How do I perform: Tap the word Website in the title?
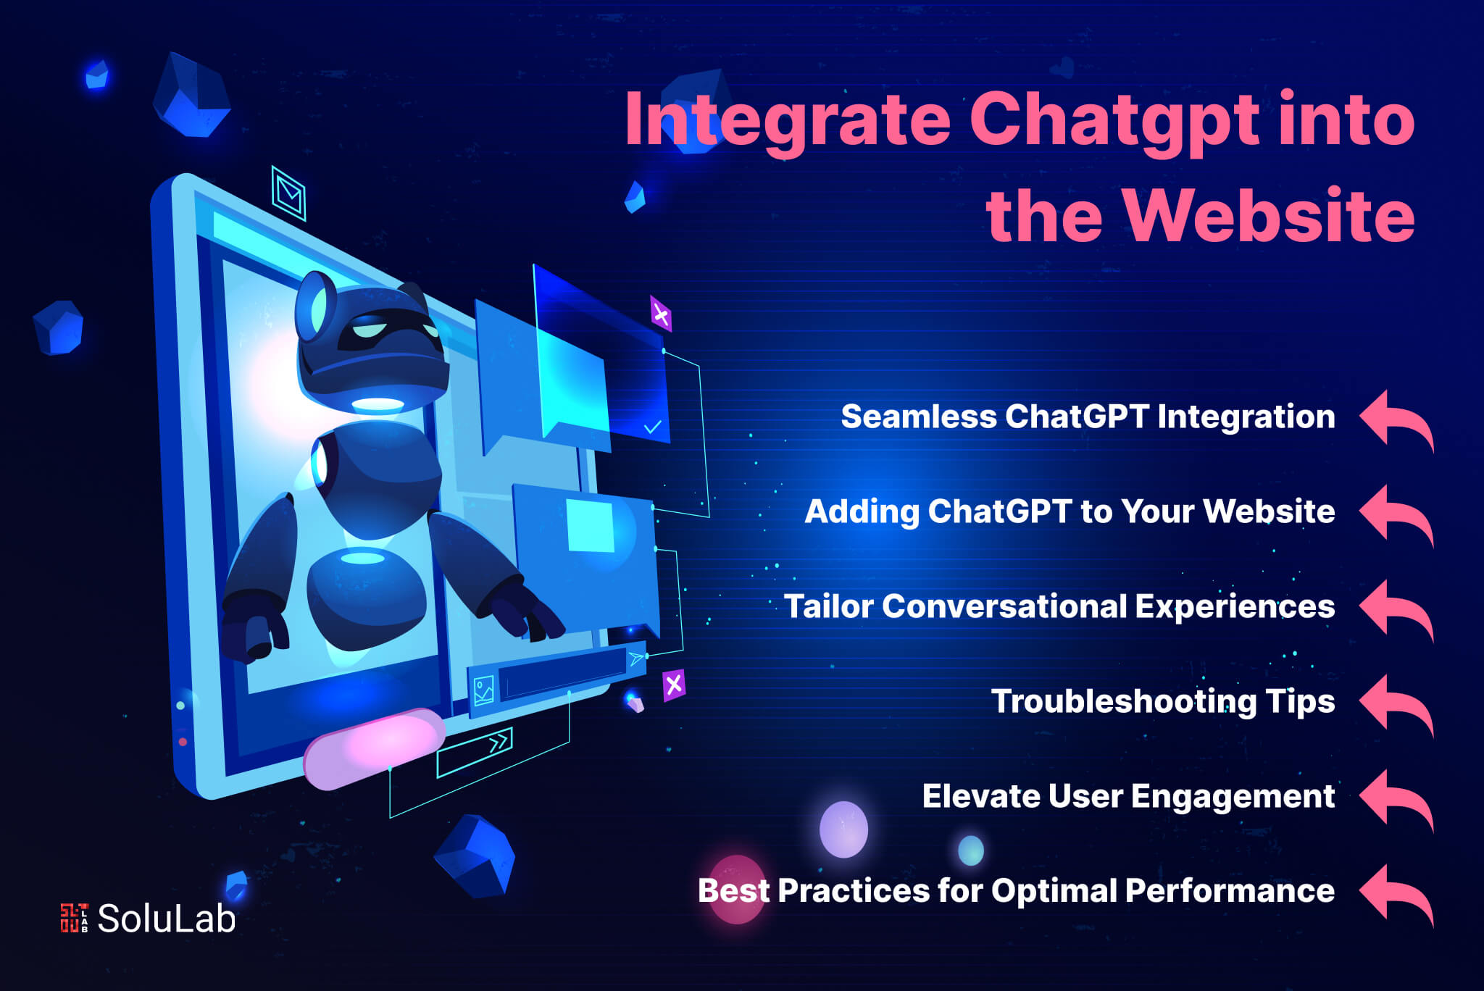(1268, 215)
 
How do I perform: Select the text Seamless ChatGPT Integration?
(1088, 417)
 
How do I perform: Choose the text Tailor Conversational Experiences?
(1059, 607)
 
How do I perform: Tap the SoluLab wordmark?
(167, 919)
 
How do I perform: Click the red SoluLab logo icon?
(74, 918)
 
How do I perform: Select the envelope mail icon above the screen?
(288, 193)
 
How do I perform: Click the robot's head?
(371, 340)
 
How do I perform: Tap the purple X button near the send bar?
(674, 685)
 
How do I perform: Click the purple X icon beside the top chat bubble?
(661, 314)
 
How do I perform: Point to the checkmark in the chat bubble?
(653, 427)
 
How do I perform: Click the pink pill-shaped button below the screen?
(373, 748)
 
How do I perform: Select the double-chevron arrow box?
(475, 752)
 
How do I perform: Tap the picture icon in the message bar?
(483, 690)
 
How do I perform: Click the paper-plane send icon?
(636, 658)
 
